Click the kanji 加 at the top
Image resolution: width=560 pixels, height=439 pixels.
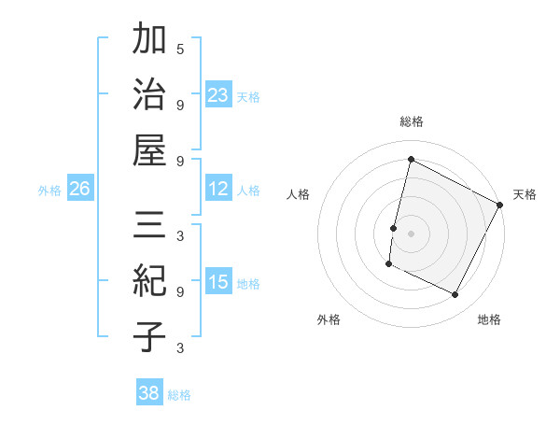[149, 42]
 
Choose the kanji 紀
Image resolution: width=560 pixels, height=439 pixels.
[149, 281]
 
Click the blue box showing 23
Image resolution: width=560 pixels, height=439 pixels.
[218, 94]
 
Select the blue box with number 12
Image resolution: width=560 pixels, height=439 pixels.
[218, 189]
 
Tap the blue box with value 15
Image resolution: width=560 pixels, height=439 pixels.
[218, 282]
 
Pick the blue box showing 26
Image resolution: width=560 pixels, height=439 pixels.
[80, 189]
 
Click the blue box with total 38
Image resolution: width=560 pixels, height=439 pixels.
[149, 393]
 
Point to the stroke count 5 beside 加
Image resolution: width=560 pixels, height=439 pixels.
[180, 49]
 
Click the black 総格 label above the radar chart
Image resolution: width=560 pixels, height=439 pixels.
[411, 121]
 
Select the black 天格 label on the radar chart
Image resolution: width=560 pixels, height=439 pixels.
[525, 194]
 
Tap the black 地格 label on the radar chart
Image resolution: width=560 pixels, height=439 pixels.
[489, 319]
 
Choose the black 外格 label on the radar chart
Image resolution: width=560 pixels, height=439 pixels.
[329, 319]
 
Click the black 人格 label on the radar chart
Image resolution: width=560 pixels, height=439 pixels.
[298, 194]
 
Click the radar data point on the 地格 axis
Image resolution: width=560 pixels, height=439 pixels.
[455, 295]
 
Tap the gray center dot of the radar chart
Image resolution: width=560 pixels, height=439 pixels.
[411, 233]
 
